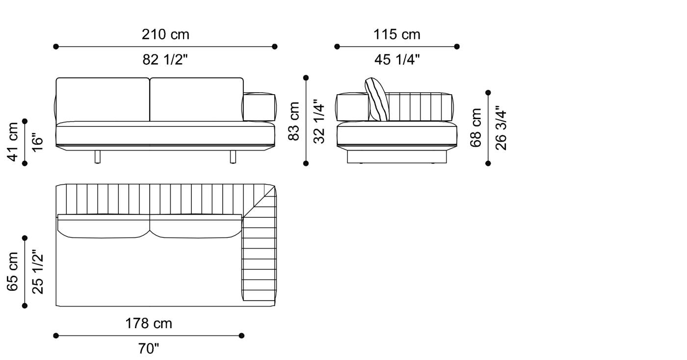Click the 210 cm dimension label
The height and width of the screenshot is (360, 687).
point(165,35)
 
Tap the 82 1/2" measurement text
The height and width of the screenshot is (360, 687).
point(165,60)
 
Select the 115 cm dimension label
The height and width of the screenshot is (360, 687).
point(397,35)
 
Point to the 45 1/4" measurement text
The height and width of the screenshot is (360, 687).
point(397,60)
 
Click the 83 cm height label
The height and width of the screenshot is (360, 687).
point(294,121)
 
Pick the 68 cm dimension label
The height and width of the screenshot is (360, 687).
point(476,128)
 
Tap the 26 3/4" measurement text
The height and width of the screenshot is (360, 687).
point(501,128)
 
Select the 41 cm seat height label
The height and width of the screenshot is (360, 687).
point(13,141)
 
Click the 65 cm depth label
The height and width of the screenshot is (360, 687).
point(13,272)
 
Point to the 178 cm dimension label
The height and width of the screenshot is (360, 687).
point(149,324)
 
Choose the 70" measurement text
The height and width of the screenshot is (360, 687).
point(149,349)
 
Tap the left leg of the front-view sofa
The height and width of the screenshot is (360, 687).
point(98,156)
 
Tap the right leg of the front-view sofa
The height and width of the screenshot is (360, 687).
point(233,156)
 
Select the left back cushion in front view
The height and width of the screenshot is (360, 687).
point(103,100)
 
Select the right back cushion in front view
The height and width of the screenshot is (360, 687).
point(196,100)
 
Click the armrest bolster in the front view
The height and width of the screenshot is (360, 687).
point(259,107)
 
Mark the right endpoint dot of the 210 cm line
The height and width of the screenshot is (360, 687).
point(275,47)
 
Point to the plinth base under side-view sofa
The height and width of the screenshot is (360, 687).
point(397,156)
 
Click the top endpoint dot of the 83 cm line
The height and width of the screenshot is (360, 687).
point(306,77)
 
